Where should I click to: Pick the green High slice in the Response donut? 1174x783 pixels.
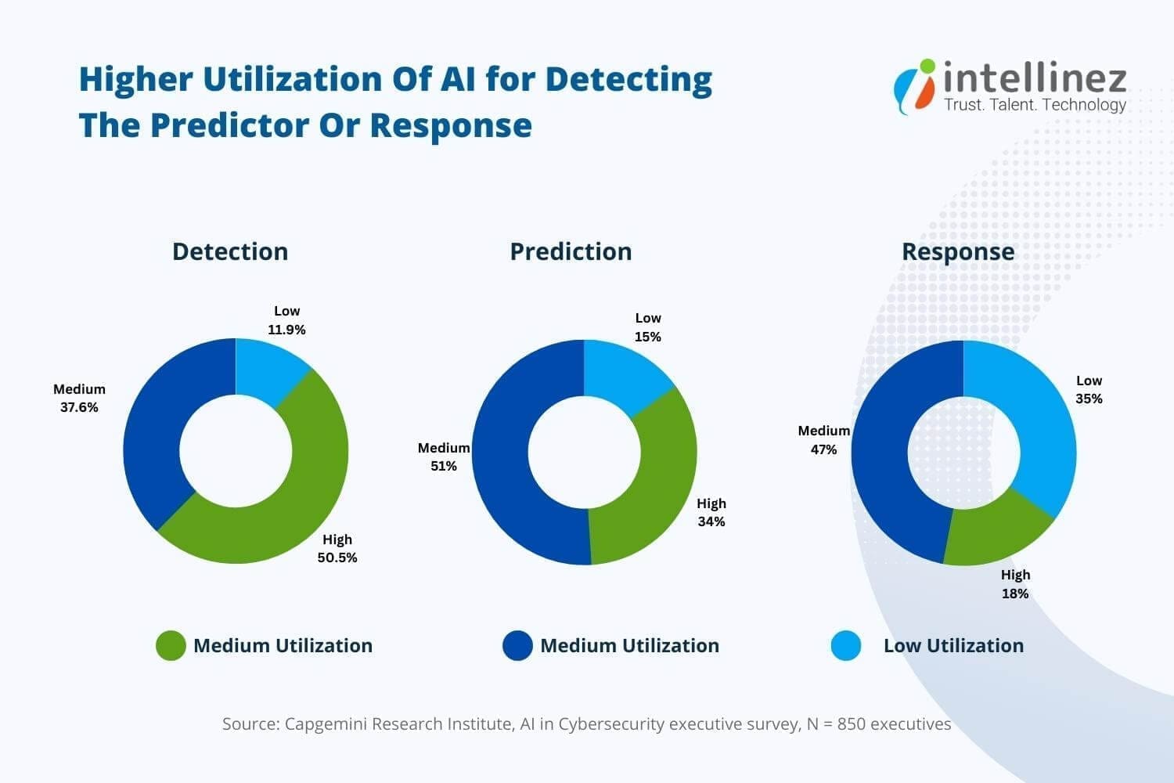click(x=994, y=532)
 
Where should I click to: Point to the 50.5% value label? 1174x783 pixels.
click(x=337, y=557)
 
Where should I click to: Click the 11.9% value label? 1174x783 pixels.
click(x=286, y=330)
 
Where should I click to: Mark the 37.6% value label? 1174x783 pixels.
click(x=79, y=407)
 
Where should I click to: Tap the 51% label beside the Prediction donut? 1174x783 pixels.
click(x=443, y=466)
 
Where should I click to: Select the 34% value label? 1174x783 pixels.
click(x=711, y=521)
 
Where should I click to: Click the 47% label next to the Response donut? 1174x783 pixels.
click(x=823, y=449)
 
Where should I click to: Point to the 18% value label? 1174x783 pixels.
click(x=1015, y=594)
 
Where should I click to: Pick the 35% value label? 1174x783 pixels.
click(x=1089, y=399)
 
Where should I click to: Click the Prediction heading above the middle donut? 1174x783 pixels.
click(x=571, y=251)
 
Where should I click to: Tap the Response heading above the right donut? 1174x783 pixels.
click(x=958, y=251)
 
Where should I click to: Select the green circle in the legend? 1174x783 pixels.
click(x=171, y=646)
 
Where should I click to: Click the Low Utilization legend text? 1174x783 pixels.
click(x=953, y=646)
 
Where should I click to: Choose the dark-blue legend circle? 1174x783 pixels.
click(x=517, y=646)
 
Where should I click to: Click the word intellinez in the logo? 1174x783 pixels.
click(x=1035, y=78)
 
